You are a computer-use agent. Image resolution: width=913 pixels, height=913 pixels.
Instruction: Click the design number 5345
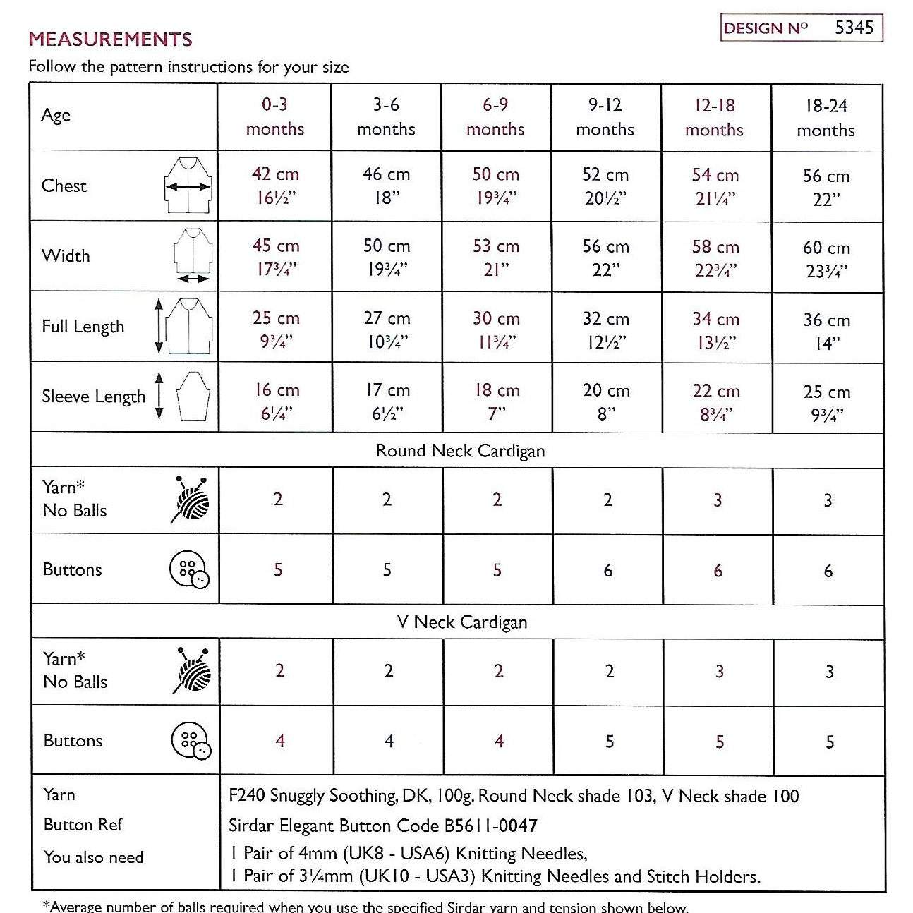coord(854,28)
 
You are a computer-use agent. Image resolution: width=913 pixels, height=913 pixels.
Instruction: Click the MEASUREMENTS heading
coord(111,40)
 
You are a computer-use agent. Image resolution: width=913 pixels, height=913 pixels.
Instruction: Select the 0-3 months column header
coord(274,116)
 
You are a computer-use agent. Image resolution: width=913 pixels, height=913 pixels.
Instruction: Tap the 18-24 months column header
coord(826,118)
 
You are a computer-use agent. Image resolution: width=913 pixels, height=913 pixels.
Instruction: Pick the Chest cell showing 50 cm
coord(495,186)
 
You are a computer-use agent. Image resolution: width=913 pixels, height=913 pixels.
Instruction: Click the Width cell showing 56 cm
coord(605,258)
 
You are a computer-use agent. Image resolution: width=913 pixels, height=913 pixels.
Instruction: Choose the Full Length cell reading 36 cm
coord(826,331)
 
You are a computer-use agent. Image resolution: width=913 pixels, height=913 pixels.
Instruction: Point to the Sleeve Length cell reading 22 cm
coord(715,401)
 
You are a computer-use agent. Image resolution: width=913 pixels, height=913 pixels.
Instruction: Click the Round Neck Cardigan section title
coord(460,451)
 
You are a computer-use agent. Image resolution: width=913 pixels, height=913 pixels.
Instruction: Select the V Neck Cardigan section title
coord(461,622)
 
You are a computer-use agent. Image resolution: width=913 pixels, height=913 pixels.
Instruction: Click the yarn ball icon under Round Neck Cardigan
coord(191,500)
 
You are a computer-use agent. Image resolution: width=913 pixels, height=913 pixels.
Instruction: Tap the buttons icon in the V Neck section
coord(191,741)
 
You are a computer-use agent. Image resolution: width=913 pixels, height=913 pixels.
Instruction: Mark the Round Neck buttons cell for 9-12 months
coord(607,570)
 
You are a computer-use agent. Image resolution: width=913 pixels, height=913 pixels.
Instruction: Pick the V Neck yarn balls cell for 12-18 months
coord(719,671)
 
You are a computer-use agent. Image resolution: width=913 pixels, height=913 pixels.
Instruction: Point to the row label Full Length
coord(83,327)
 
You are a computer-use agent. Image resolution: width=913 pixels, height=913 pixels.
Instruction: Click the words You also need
coord(93,857)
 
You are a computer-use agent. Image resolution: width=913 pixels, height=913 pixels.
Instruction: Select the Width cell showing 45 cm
coord(275,258)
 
